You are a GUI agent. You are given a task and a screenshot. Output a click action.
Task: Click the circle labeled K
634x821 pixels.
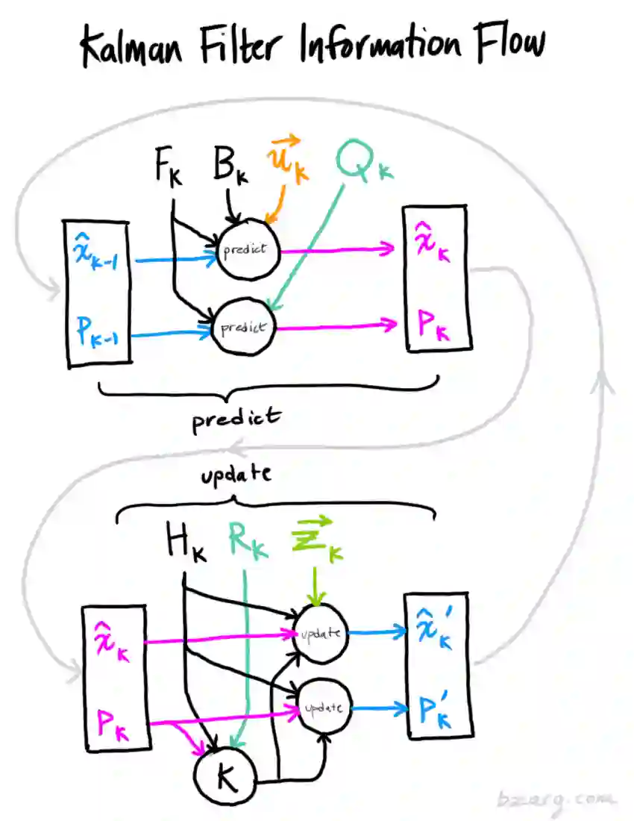225,776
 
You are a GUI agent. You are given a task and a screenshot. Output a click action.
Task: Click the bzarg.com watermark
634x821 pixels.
556,800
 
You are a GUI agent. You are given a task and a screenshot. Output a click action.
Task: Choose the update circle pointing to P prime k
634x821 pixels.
325,708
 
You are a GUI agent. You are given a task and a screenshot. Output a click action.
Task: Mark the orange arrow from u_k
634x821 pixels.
278,204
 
